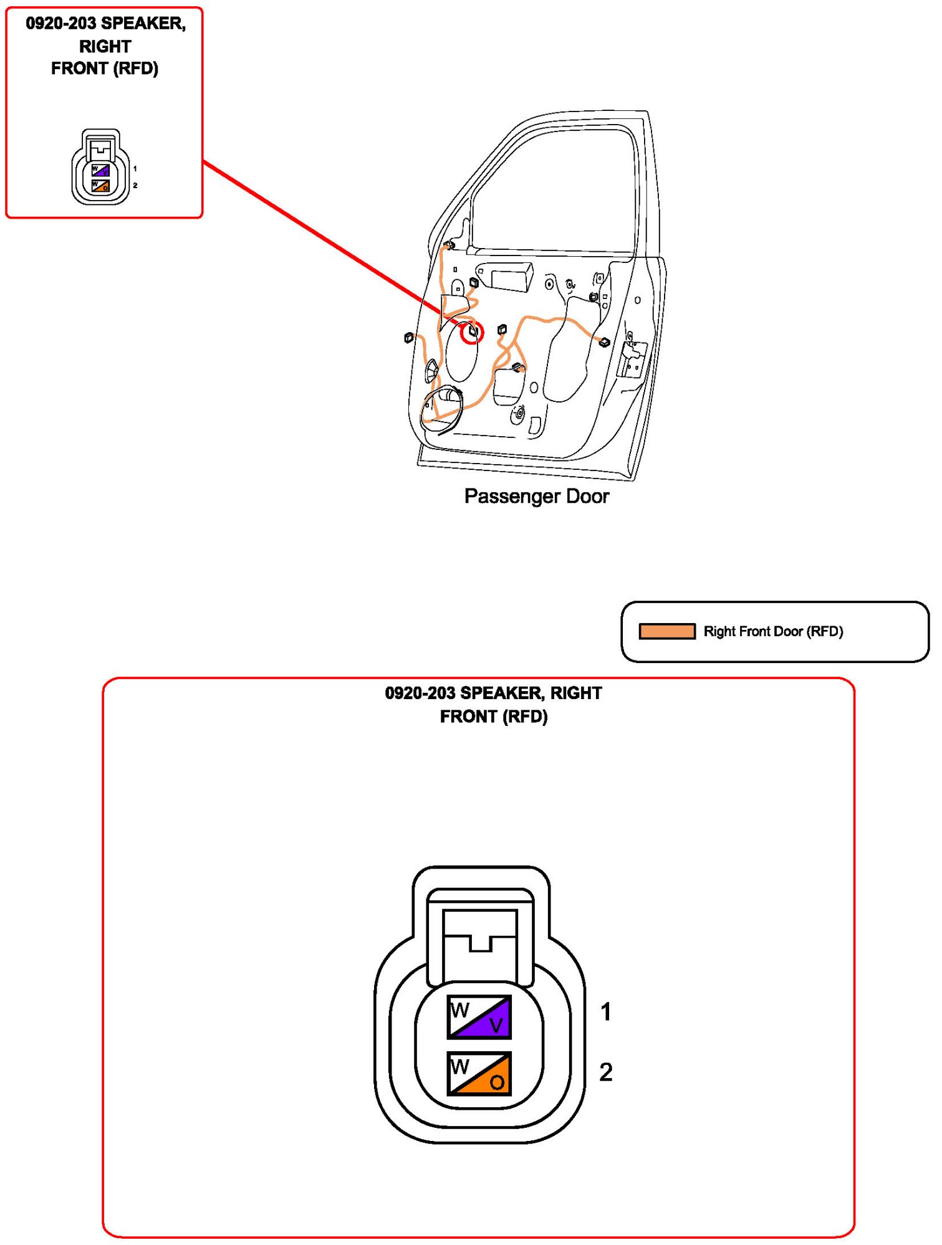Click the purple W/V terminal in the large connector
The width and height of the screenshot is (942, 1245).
[479, 1016]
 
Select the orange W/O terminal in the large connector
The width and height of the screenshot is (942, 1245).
[479, 1073]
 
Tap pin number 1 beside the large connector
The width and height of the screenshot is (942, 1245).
[605, 1011]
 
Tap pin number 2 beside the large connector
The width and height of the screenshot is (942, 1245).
[605, 1072]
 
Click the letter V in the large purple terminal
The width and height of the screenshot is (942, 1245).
[496, 1025]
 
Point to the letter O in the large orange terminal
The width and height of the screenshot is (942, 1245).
[497, 1082]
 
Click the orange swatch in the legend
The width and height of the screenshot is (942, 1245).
[666, 631]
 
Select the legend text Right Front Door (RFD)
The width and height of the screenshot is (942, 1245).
[772, 631]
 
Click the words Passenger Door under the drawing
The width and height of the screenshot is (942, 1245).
[536, 496]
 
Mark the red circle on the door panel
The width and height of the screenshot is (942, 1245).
[472, 333]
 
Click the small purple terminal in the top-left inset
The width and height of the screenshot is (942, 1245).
[100, 170]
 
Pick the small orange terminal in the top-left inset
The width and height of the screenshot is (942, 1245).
[100, 186]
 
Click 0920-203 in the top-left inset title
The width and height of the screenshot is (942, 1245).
[60, 24]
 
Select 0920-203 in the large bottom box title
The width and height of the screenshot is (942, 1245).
[420, 693]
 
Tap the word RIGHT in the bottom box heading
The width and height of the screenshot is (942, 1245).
[575, 693]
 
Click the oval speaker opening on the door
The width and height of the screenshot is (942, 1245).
[461, 352]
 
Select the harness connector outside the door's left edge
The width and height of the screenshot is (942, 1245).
[409, 338]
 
